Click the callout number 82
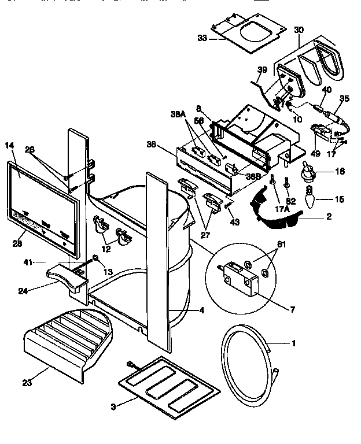(x=291, y=201)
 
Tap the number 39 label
(x=262, y=70)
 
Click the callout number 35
(x=345, y=98)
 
